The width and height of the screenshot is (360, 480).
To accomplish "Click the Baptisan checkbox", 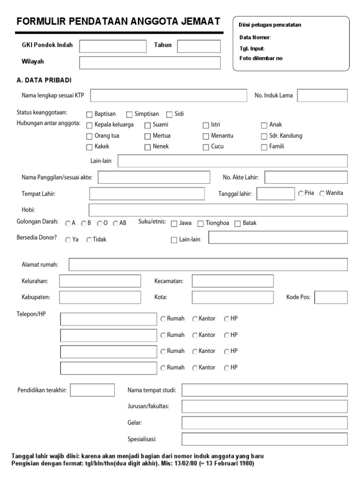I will (x=90, y=114).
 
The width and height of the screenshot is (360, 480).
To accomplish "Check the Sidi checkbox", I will (x=169, y=114).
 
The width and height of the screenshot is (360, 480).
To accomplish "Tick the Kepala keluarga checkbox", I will (x=90, y=125).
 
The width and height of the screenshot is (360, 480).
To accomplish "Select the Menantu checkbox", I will (x=206, y=136).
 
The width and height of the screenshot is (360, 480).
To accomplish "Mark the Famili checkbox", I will (x=264, y=147).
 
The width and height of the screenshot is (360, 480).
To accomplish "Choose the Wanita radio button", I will (x=322, y=194).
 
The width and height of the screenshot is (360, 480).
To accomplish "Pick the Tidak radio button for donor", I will (x=89, y=240).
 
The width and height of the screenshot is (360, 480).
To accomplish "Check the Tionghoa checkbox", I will (x=201, y=224).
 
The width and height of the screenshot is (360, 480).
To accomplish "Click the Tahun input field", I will (x=199, y=46).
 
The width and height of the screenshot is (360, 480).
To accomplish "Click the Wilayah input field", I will (x=150, y=62).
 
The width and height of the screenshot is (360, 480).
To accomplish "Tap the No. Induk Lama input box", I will (x=322, y=96).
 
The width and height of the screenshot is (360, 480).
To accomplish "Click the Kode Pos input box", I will (x=331, y=297).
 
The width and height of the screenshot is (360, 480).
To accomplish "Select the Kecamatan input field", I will (x=232, y=281).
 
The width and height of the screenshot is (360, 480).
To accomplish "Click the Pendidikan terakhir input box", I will (x=92, y=390).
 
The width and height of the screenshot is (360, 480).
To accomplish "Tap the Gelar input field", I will (x=264, y=423).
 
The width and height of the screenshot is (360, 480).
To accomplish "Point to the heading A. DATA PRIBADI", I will (x=44, y=80).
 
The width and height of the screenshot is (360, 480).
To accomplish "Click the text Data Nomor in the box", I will (x=255, y=37).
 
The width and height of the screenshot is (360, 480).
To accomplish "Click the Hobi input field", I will (x=218, y=210).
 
